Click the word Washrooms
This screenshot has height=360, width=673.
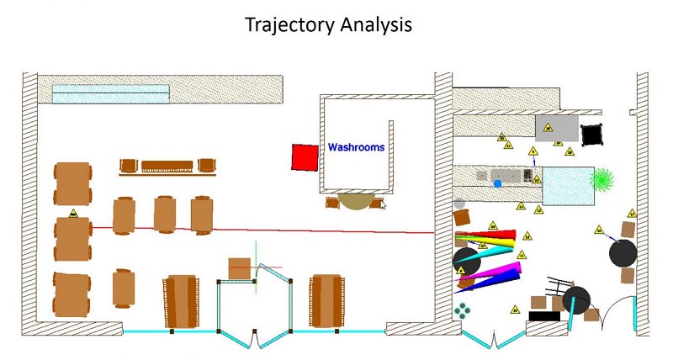point(356,147)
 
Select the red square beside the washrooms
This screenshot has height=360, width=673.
point(303,157)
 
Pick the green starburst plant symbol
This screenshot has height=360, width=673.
point(602,178)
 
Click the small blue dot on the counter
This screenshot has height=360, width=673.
point(497,183)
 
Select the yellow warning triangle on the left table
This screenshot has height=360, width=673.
point(74,214)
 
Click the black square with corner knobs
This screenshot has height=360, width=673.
point(593,133)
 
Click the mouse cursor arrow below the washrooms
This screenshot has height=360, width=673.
point(383,204)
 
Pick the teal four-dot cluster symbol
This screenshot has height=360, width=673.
point(462,311)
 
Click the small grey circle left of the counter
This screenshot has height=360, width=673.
point(459,204)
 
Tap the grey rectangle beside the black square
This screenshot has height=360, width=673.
point(556,128)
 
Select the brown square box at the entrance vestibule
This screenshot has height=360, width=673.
point(241,268)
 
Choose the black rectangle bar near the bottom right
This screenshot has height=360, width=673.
point(544,315)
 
